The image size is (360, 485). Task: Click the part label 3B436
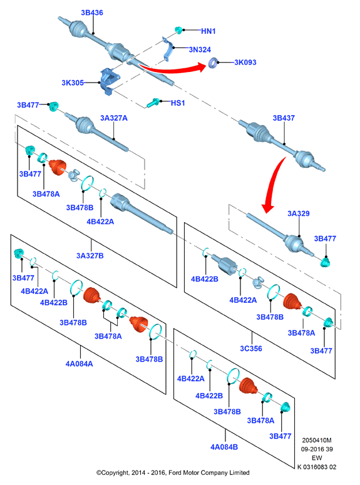click(x=92, y=13)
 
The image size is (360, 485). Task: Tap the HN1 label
click(x=208, y=31)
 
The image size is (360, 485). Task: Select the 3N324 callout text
click(x=200, y=49)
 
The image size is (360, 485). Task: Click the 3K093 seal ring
click(x=213, y=63)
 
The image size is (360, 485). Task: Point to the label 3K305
click(x=73, y=83)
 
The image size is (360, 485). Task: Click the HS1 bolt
click(x=153, y=103)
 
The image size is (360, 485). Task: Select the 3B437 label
click(x=284, y=118)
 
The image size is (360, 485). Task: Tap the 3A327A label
click(x=113, y=118)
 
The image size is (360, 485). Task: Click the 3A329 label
click(x=299, y=213)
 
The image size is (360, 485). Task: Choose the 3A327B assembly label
click(x=90, y=255)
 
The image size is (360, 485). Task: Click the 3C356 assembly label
click(x=251, y=349)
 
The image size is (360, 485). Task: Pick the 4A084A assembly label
click(x=80, y=364)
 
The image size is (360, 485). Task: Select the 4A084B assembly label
click(x=224, y=447)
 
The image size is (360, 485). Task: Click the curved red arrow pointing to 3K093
click(x=173, y=70)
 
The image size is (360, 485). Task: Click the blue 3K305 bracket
click(x=108, y=81)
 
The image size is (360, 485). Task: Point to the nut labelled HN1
click(x=178, y=30)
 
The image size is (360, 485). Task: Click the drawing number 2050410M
click(x=317, y=440)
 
